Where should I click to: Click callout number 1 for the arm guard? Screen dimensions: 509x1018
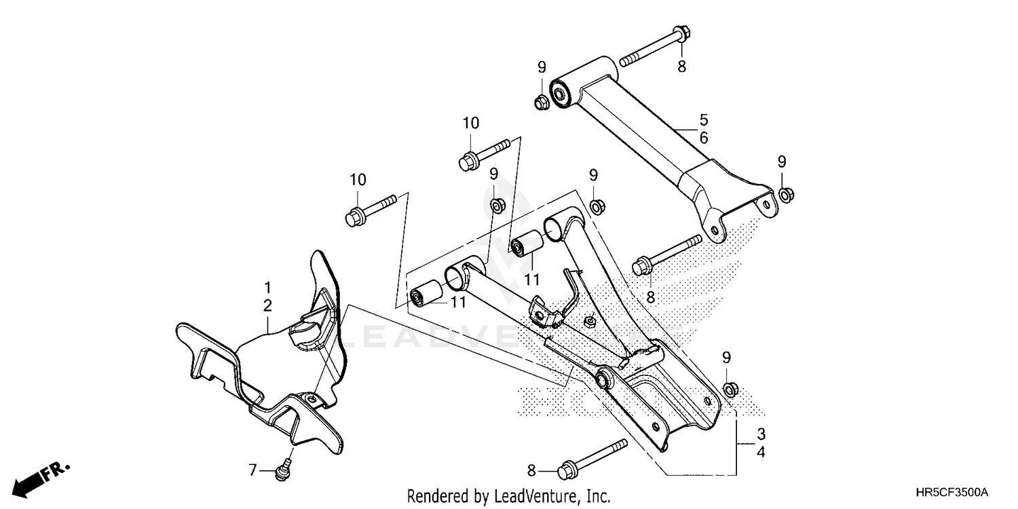tap(267, 287)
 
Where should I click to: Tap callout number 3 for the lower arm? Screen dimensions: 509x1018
tap(761, 433)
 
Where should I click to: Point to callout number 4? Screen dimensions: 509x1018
tap(761, 451)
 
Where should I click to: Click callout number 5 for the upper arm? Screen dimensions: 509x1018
tap(704, 120)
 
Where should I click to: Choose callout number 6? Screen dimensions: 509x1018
tap(704, 138)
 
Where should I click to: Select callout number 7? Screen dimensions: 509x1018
tap(252, 469)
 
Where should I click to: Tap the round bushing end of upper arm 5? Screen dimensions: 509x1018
tap(560, 92)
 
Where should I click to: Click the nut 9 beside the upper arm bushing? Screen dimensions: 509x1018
tap(541, 102)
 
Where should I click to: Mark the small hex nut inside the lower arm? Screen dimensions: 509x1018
tap(590, 320)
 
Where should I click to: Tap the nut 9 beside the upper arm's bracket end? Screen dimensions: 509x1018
tap(785, 195)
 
